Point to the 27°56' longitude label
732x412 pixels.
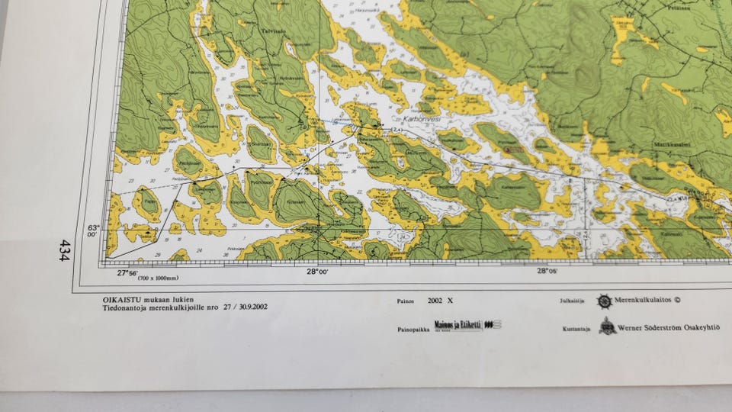click(127, 272)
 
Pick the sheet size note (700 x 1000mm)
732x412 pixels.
click(159, 279)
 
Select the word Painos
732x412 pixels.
click(406, 301)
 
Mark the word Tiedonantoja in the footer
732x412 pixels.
click(130, 307)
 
